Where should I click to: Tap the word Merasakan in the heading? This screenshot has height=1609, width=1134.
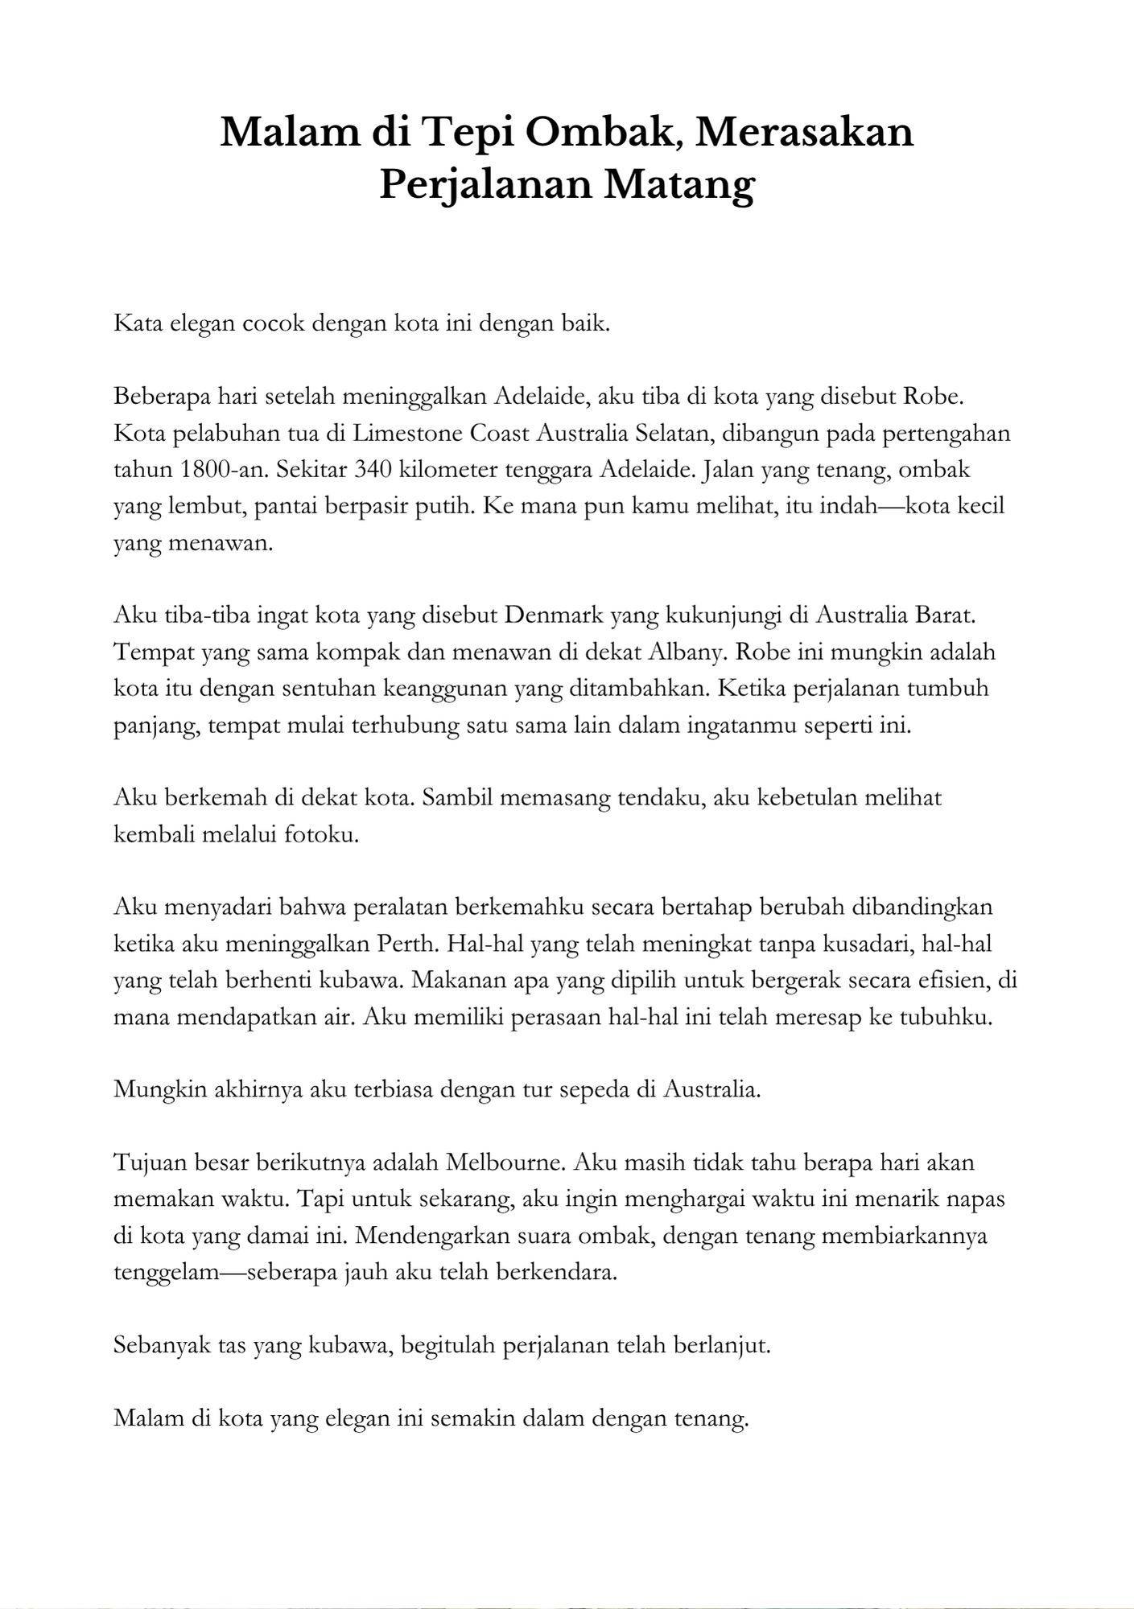coord(805,131)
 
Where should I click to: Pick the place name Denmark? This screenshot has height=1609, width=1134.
coord(554,615)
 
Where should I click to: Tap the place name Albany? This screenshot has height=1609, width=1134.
coord(683,652)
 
